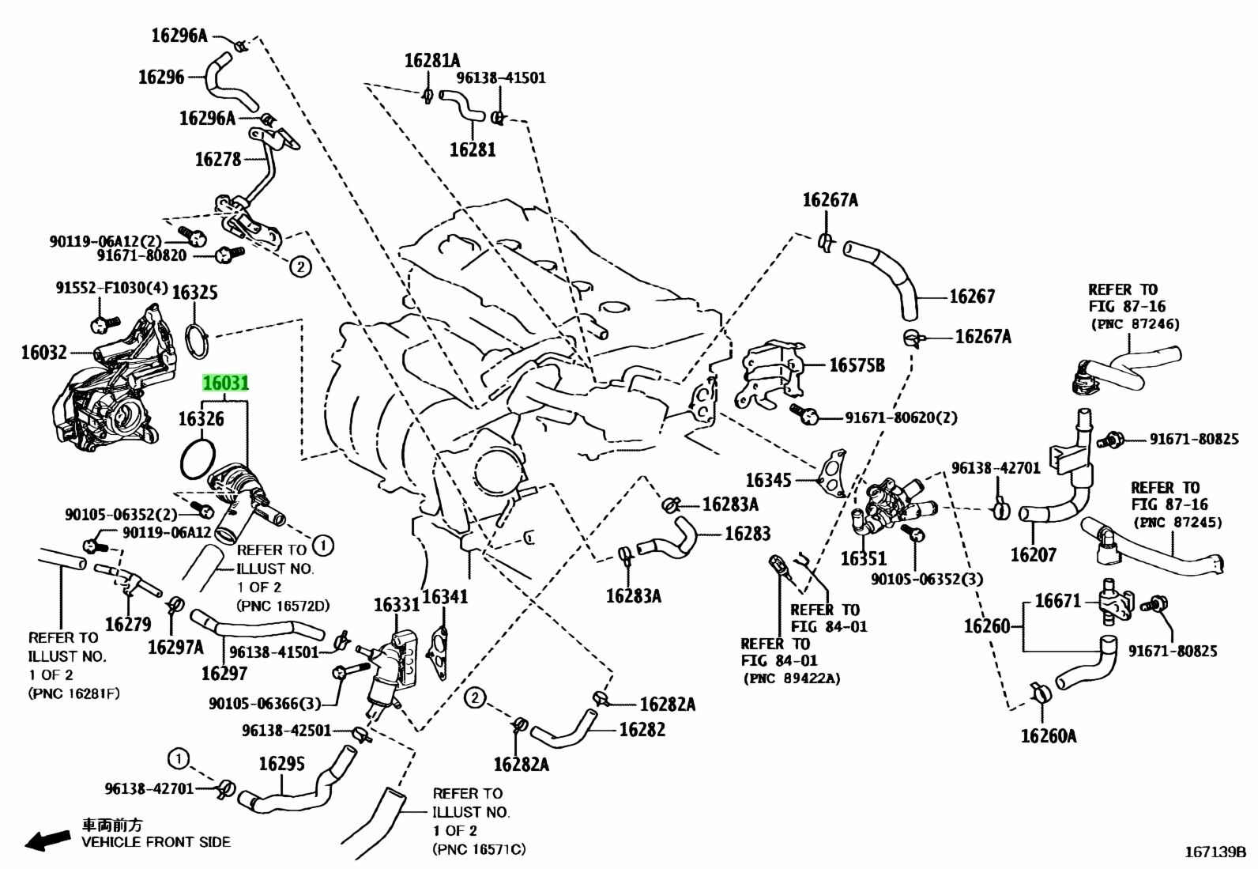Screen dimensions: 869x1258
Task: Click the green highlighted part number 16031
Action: coord(226,383)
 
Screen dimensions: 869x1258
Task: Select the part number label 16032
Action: coord(43,352)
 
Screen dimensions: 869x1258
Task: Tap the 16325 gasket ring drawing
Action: coord(198,337)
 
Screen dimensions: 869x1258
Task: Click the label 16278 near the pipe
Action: coord(217,159)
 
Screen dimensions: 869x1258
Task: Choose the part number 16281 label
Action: coord(473,149)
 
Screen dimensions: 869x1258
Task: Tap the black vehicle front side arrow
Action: coord(47,841)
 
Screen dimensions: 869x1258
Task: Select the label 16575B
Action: coord(857,365)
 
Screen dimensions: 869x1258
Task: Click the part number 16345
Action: coord(769,480)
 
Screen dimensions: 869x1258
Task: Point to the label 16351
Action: coord(864,559)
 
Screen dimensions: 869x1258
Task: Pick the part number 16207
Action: coord(1034,555)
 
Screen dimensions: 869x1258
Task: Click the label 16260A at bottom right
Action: coord(1049,736)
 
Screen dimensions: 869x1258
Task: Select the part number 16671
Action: coord(1057,601)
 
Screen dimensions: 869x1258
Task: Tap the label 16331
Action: coord(397,605)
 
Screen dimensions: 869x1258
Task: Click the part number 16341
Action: coord(445,596)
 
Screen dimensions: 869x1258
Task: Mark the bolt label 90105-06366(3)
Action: coord(265,703)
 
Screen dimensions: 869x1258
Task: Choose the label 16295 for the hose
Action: coord(282,764)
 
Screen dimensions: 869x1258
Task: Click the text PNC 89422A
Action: coord(791,678)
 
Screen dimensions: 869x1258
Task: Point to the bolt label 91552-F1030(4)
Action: coord(111,288)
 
